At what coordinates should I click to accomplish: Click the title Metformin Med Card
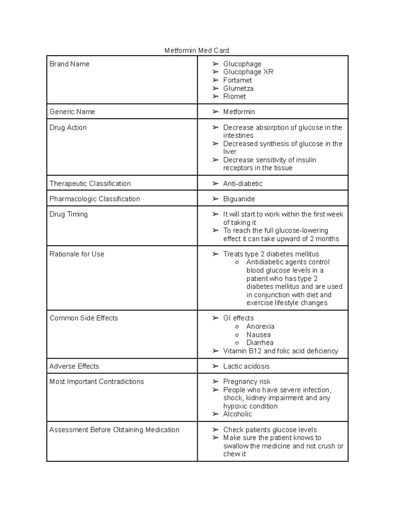[x=196, y=50]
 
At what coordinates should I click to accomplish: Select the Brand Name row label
[x=69, y=64]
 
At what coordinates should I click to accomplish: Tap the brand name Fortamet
[x=237, y=80]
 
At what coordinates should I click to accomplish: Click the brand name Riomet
[x=234, y=97]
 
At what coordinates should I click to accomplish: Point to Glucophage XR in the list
[x=248, y=72]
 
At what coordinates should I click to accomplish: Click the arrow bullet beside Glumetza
[x=215, y=88]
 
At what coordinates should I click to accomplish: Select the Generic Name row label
[x=72, y=112]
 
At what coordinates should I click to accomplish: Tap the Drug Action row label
[x=68, y=127]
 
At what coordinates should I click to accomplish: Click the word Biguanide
[x=239, y=199]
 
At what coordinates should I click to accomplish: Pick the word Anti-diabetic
[x=243, y=184]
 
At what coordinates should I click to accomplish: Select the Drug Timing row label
[x=69, y=214]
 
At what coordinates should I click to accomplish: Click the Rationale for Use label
[x=77, y=254]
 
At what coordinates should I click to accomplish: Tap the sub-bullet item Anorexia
[x=260, y=326]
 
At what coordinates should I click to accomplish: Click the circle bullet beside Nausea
[x=237, y=335]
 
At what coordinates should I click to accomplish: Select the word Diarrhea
[x=260, y=343]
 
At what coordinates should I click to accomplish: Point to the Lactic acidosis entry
[x=246, y=366]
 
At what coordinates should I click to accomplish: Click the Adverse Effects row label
[x=74, y=366]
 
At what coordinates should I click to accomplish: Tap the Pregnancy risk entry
[x=247, y=382]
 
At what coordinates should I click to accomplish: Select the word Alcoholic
[x=237, y=414]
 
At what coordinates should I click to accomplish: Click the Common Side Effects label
[x=84, y=318]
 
